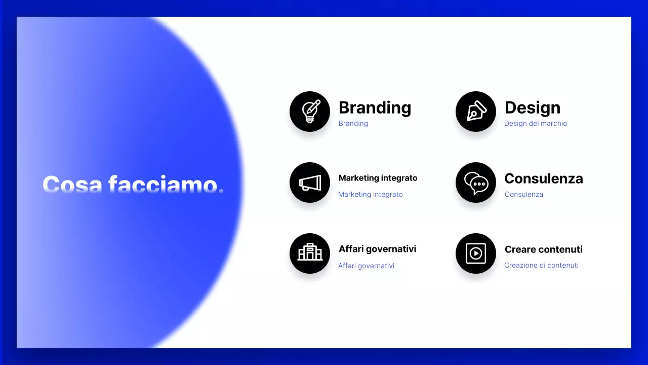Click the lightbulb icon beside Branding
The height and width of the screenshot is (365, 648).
click(310, 112)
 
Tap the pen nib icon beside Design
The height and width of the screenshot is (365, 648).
click(476, 112)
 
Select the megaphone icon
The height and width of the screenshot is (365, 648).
click(310, 182)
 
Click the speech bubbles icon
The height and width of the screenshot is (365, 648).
click(476, 182)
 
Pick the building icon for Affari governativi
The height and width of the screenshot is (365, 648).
click(310, 253)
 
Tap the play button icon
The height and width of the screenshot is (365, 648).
click(476, 253)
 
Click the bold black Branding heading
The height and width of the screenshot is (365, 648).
click(375, 107)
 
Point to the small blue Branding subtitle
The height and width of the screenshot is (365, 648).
click(353, 123)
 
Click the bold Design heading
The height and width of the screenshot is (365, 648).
click(533, 107)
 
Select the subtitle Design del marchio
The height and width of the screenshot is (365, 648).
click(536, 123)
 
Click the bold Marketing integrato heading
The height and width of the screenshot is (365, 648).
click(378, 178)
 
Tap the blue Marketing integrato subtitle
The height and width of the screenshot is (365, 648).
click(371, 194)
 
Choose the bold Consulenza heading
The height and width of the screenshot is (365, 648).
click(544, 178)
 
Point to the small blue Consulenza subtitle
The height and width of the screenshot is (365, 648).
click(524, 194)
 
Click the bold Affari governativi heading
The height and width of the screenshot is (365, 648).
click(378, 249)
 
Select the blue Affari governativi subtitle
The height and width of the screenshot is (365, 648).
click(366, 266)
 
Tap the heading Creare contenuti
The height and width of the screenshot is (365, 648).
click(544, 249)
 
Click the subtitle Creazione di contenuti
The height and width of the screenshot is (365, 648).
click(541, 265)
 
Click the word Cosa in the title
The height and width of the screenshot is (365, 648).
click(72, 184)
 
